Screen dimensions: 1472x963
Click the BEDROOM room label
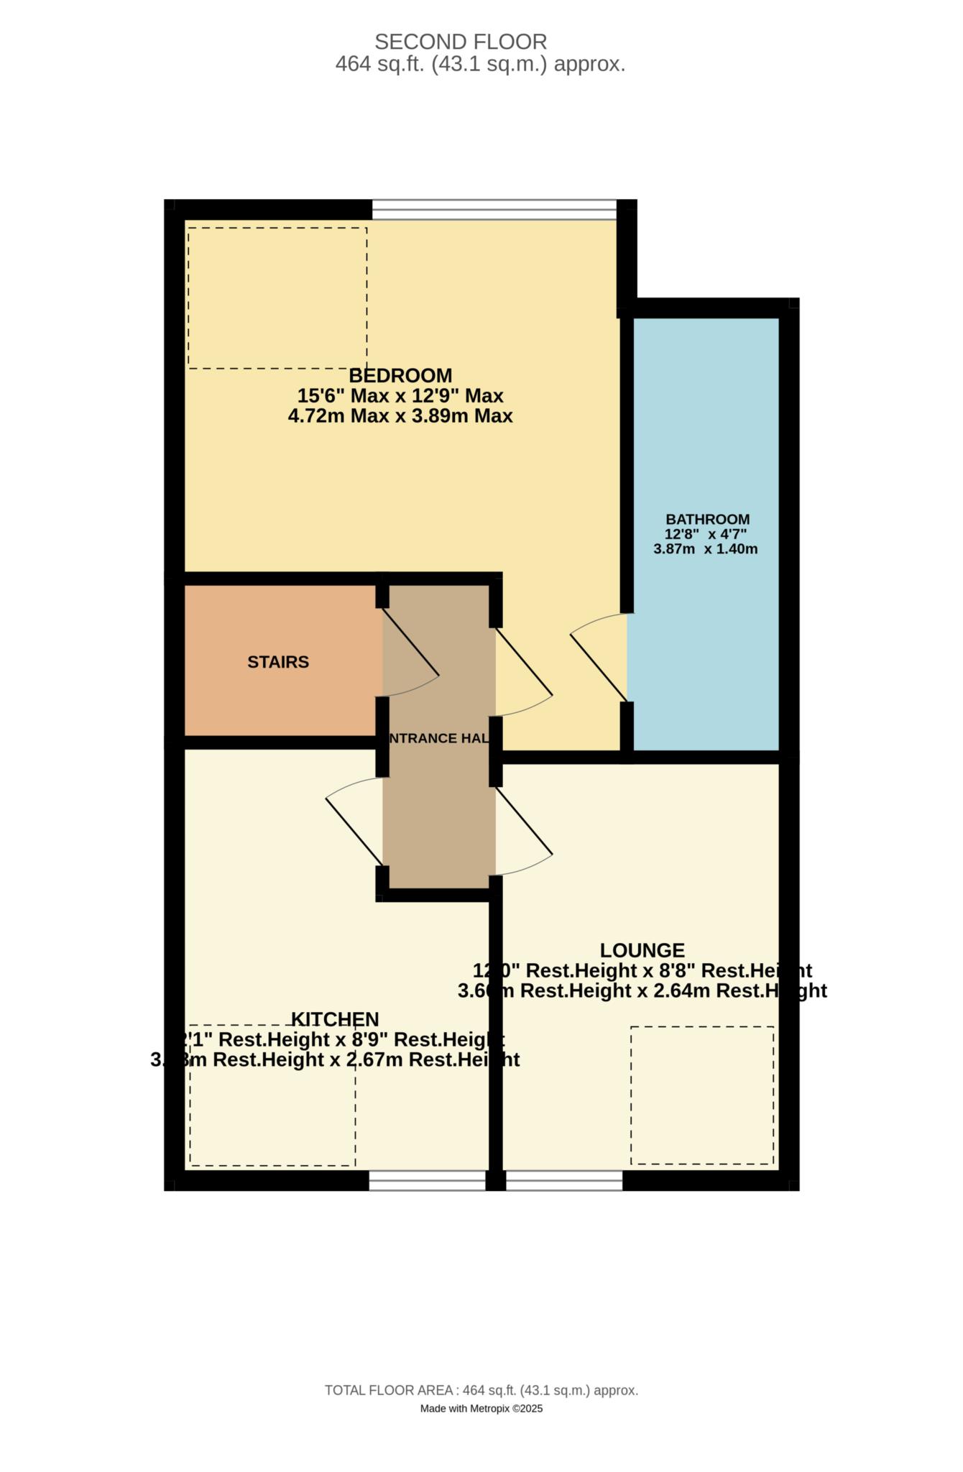click(400, 376)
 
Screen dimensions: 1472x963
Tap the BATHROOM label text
click(707, 519)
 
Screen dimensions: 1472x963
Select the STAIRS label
click(278, 662)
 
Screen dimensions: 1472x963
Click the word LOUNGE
click(642, 950)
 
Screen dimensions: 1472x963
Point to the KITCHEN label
click(335, 1019)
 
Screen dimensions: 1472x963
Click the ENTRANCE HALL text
click(438, 738)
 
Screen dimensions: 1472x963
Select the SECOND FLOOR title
click(461, 42)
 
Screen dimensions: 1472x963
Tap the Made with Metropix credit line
click(481, 1409)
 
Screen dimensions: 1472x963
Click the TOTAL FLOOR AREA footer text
click(481, 1391)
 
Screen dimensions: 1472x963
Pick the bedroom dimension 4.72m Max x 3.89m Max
click(400, 416)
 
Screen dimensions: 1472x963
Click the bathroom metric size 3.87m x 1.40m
click(705, 549)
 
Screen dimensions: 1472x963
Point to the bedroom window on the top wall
click(494, 209)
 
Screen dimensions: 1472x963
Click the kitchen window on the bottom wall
click(427, 1181)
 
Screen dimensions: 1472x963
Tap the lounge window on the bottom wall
click(564, 1181)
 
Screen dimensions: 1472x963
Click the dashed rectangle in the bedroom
click(277, 298)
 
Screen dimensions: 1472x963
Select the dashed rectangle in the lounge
click(702, 1095)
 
